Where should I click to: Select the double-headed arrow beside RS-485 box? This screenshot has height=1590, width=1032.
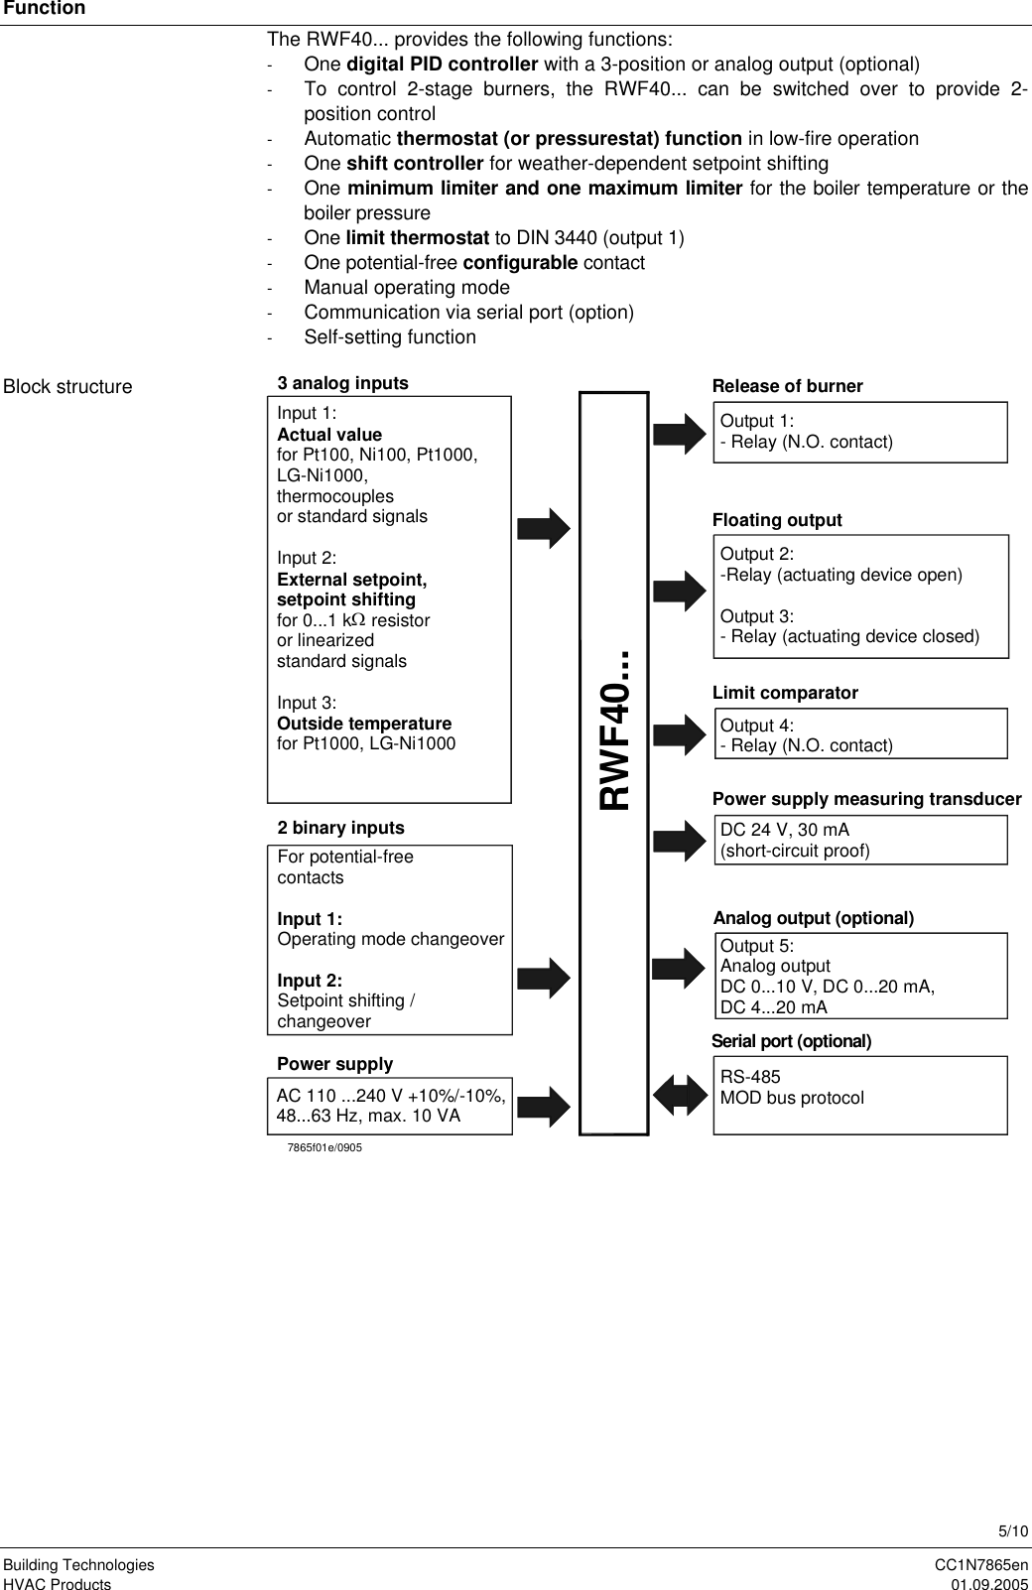[680, 1095]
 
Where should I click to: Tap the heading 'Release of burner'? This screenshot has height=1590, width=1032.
[788, 386]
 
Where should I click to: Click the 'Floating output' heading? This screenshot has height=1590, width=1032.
[777, 520]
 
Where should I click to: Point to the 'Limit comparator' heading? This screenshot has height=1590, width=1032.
[785, 693]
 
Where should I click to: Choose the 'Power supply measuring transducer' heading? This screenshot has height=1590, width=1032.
[866, 799]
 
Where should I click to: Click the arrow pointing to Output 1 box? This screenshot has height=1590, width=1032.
[680, 435]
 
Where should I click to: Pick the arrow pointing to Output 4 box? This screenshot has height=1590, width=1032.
[680, 734]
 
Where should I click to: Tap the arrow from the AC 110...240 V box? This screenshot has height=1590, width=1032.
[545, 1105]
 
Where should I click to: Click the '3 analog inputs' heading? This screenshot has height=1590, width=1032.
[342, 383]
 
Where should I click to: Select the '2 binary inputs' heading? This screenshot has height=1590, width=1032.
[340, 828]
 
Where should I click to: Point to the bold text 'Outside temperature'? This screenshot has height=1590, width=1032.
[364, 724]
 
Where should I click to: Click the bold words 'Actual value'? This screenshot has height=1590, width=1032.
[329, 435]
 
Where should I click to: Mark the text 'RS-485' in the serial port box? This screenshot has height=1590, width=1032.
[750, 1077]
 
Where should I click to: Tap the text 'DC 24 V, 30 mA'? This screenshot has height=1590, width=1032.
[784, 830]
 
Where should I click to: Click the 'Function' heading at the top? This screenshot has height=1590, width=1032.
[43, 9]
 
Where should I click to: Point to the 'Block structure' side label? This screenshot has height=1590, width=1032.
[67, 387]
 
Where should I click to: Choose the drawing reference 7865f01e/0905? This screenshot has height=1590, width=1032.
[324, 1147]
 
